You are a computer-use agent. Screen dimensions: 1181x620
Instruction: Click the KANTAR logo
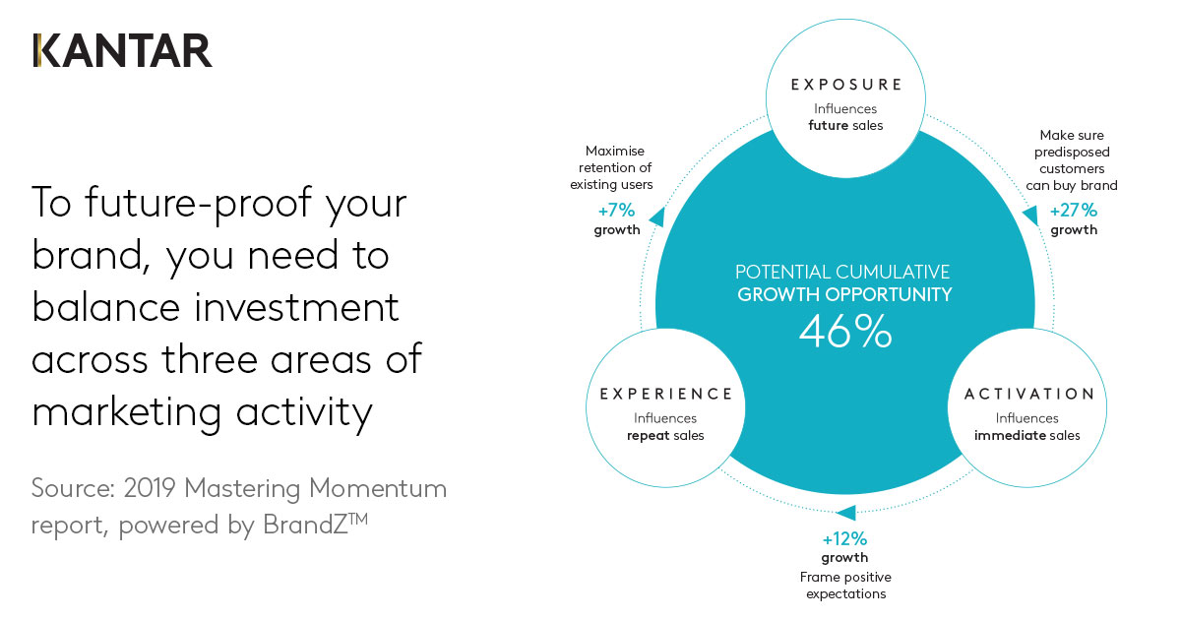pyautogui.click(x=122, y=50)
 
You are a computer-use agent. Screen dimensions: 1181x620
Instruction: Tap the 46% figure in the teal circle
pyautogui.click(x=845, y=332)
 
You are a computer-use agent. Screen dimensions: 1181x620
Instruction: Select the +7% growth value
pyautogui.click(x=616, y=211)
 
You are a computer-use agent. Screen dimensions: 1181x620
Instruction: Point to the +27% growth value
pyautogui.click(x=1074, y=211)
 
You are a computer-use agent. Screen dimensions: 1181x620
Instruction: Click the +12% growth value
pyautogui.click(x=844, y=539)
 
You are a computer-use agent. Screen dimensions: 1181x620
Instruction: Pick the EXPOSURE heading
pyautogui.click(x=846, y=85)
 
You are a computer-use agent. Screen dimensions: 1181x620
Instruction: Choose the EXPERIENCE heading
pyautogui.click(x=666, y=394)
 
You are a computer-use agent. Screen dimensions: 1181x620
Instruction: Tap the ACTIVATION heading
pyautogui.click(x=1028, y=394)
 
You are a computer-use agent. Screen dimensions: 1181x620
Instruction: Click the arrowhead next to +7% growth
pyautogui.click(x=657, y=217)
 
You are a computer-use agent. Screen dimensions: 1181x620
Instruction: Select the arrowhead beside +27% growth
pyautogui.click(x=1031, y=216)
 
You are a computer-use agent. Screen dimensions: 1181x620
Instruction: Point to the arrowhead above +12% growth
pyautogui.click(x=846, y=513)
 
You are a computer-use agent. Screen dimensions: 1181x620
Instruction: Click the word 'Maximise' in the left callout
pyautogui.click(x=615, y=151)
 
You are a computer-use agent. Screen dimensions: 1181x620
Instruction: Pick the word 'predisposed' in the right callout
pyautogui.click(x=1072, y=153)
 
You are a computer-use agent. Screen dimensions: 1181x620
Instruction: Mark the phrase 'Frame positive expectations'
pyautogui.click(x=845, y=586)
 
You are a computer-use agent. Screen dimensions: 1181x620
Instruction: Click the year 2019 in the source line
pyautogui.click(x=150, y=488)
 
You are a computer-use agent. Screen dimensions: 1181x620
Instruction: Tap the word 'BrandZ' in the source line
pyautogui.click(x=305, y=525)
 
